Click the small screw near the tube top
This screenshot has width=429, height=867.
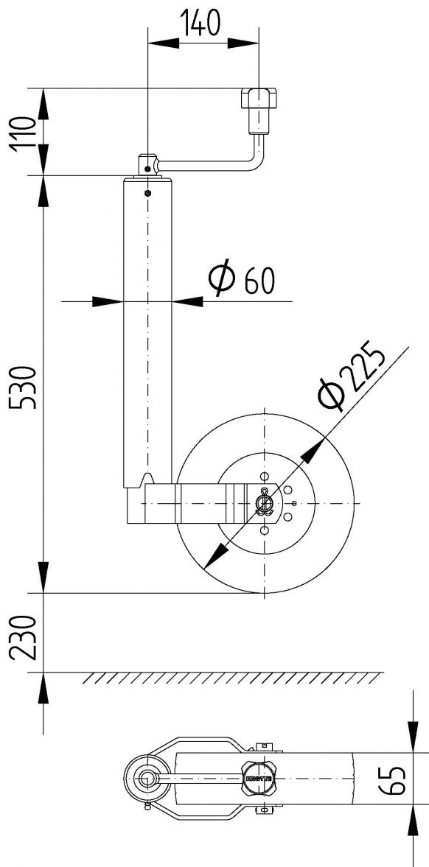pyautogui.click(x=147, y=193)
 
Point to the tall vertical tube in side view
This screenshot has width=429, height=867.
pyautogui.click(x=147, y=331)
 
